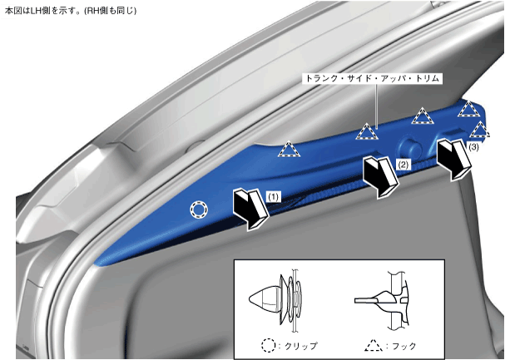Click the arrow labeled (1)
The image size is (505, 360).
point(250,210)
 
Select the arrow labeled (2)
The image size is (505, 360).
point(381,176)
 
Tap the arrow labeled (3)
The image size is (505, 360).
point(453,160)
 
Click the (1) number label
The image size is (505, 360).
point(274,196)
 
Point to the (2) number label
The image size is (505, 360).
point(404,165)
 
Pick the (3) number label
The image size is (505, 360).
point(473,146)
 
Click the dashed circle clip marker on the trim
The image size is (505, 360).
point(199,210)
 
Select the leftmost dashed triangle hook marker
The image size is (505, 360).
point(290,149)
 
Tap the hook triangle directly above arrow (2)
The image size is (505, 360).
point(367,131)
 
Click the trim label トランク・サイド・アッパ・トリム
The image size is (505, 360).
point(372,78)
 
